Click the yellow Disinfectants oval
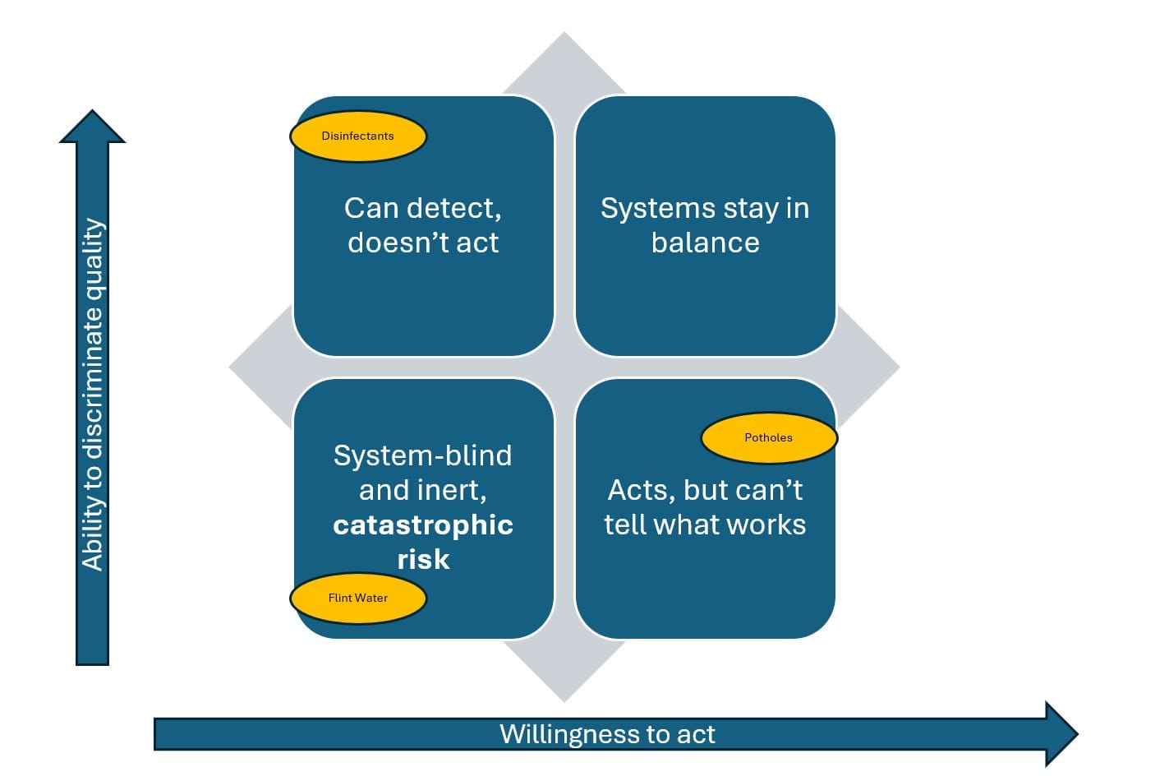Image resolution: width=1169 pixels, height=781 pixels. (x=358, y=136)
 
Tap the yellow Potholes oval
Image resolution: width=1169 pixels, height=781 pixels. (x=769, y=437)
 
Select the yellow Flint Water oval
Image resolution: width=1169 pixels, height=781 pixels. (x=358, y=598)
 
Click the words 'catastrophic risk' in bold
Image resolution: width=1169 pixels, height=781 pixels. (x=423, y=541)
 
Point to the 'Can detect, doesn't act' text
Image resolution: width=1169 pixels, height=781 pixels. (x=423, y=225)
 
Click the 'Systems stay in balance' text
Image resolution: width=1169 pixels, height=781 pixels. (x=705, y=225)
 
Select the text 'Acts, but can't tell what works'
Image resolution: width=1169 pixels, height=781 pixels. (x=705, y=507)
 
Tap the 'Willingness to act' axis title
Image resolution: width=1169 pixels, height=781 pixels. (x=607, y=734)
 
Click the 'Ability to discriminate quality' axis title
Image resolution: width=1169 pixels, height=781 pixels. (x=93, y=395)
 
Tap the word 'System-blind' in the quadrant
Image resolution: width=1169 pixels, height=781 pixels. (x=422, y=455)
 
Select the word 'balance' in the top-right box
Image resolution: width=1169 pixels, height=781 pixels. (x=705, y=243)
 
